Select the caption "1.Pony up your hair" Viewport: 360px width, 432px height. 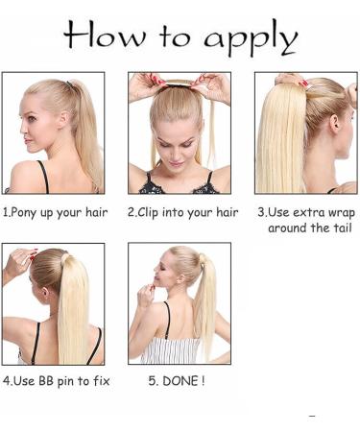[55, 212]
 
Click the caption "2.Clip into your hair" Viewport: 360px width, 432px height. [182, 212]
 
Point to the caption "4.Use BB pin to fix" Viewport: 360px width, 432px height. [56, 381]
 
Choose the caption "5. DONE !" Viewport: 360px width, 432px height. [176, 381]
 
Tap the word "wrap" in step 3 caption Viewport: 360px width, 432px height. [340, 212]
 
